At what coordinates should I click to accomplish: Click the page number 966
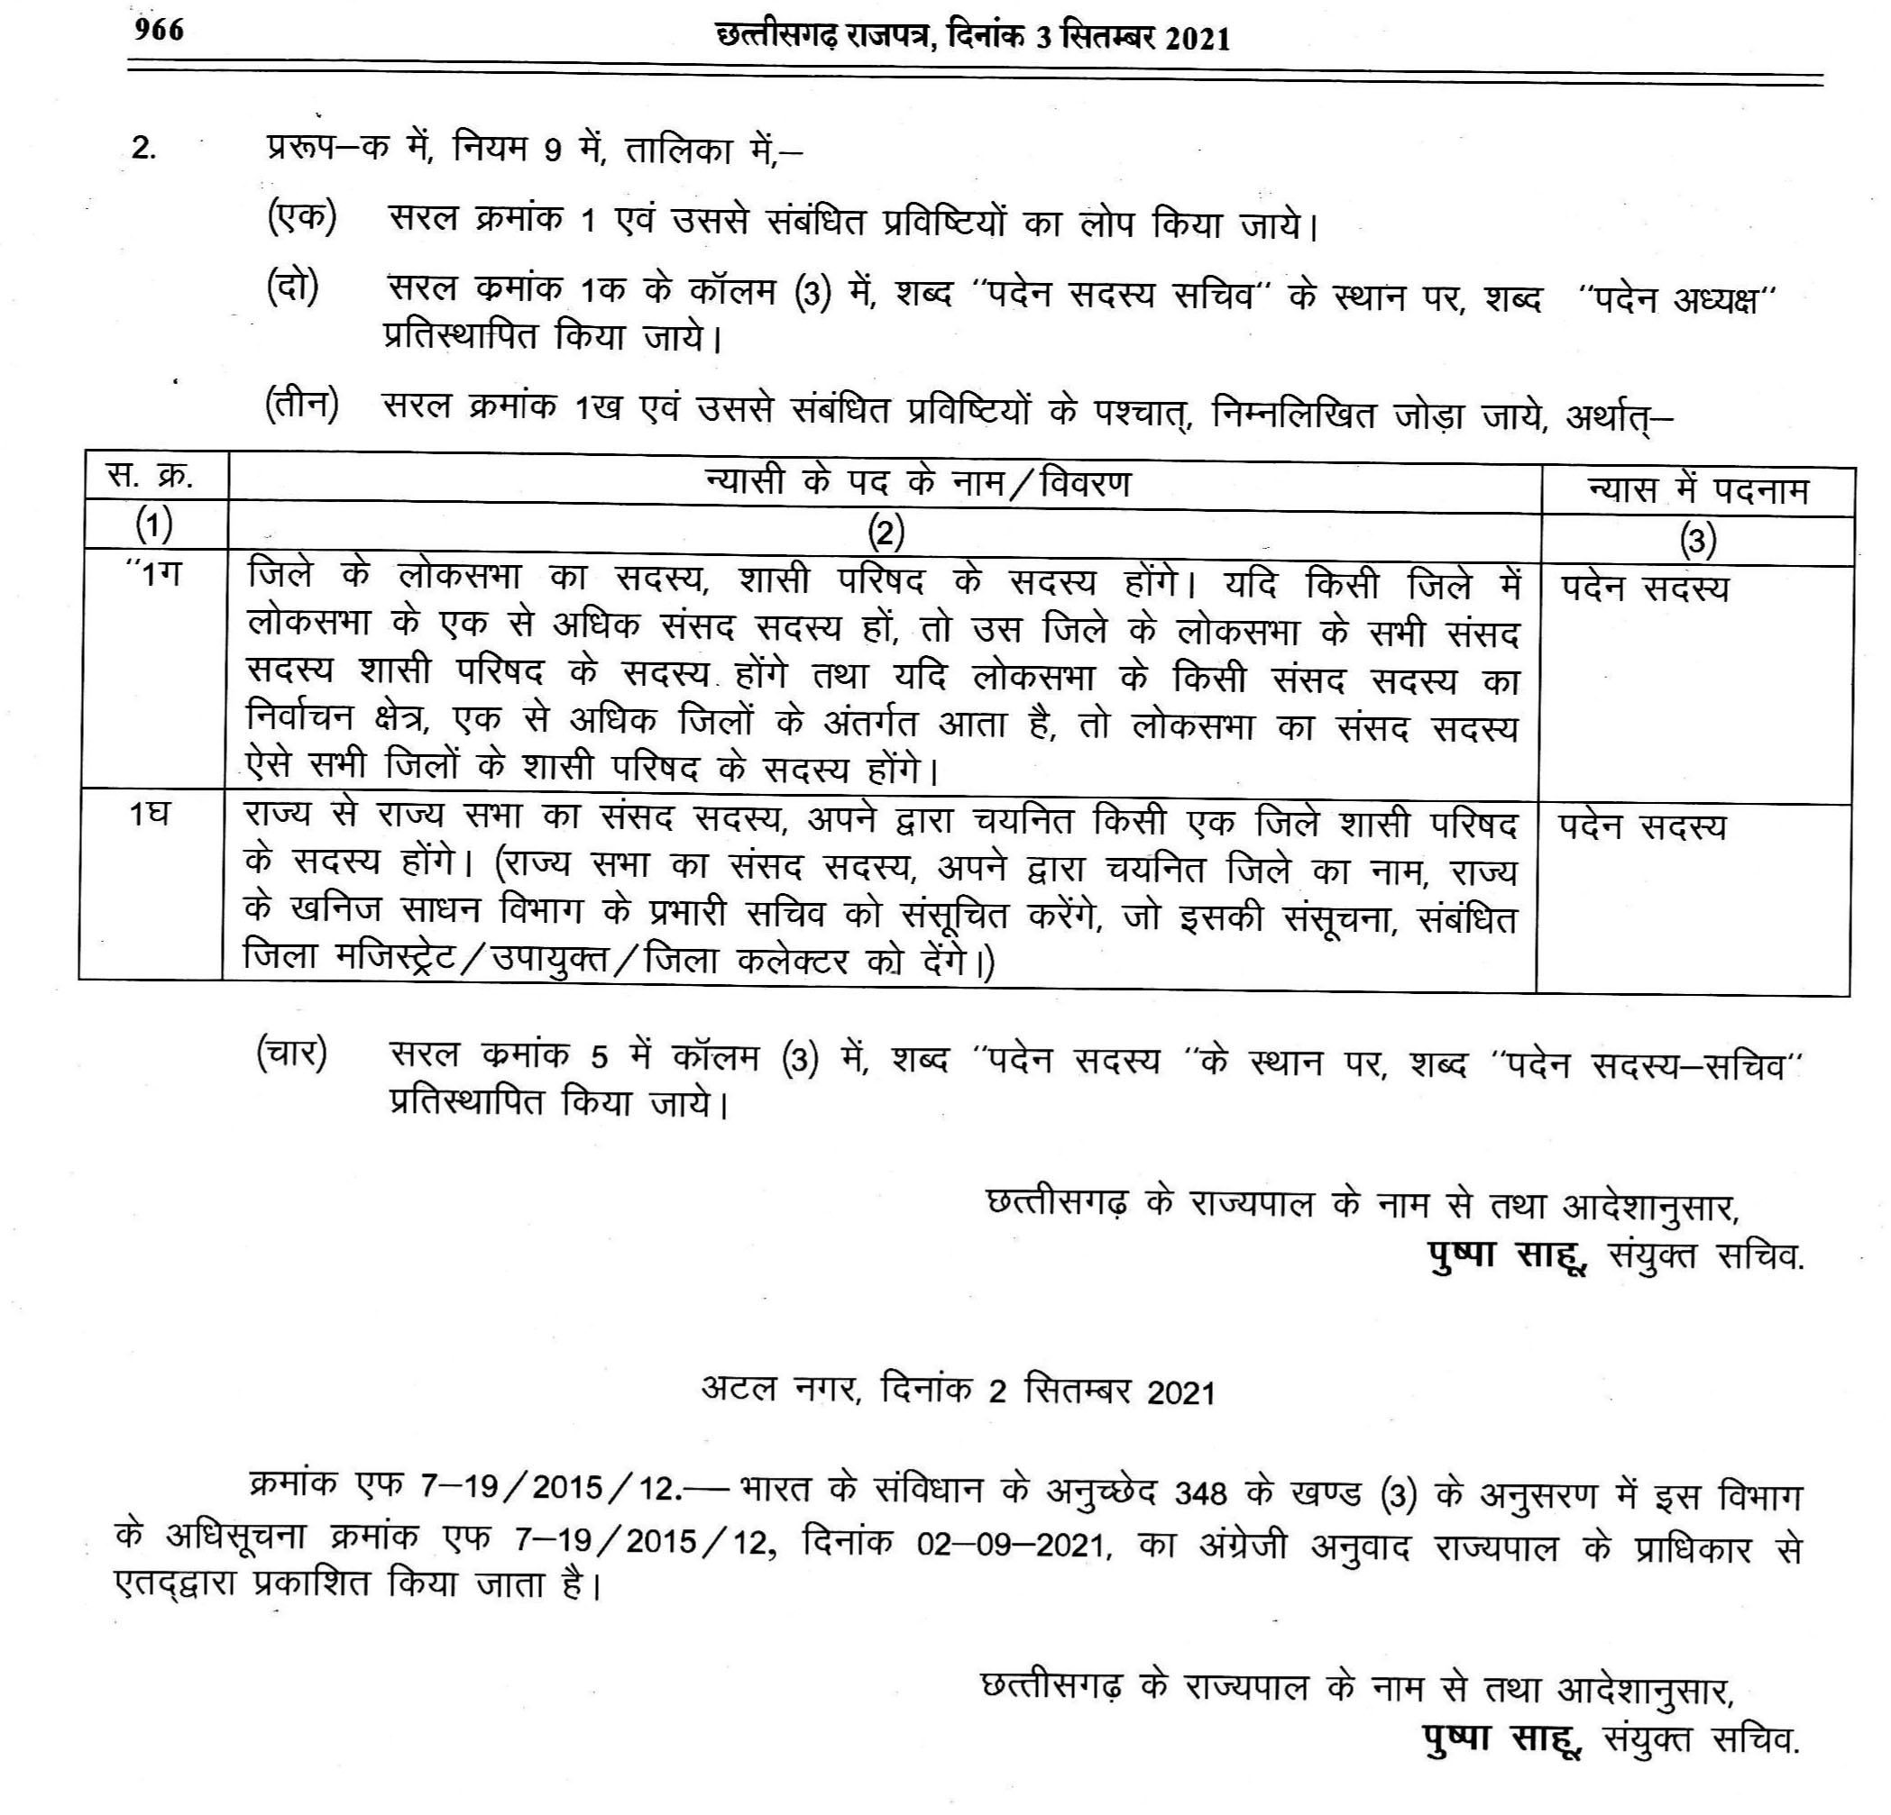(160, 31)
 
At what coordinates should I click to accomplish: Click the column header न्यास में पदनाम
(1697, 491)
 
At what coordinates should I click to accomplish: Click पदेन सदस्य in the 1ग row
(1645, 588)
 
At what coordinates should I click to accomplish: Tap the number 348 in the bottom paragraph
(1200, 1494)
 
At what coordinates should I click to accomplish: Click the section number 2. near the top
(144, 150)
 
